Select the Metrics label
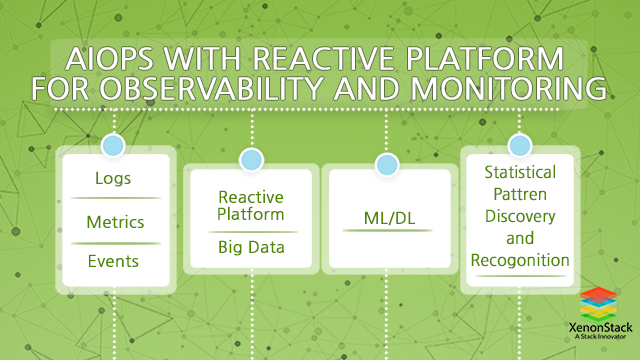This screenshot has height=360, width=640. (x=112, y=220)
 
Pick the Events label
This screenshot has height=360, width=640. (x=112, y=261)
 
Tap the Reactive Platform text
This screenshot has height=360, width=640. (x=251, y=205)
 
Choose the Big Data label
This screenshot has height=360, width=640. (x=251, y=247)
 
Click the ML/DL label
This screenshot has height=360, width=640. (x=386, y=216)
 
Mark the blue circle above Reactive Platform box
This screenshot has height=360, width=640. (x=251, y=157)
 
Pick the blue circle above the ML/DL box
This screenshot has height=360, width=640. (x=386, y=163)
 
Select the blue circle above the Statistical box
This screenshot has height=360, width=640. (x=518, y=145)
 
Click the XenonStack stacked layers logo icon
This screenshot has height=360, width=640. (x=600, y=304)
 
